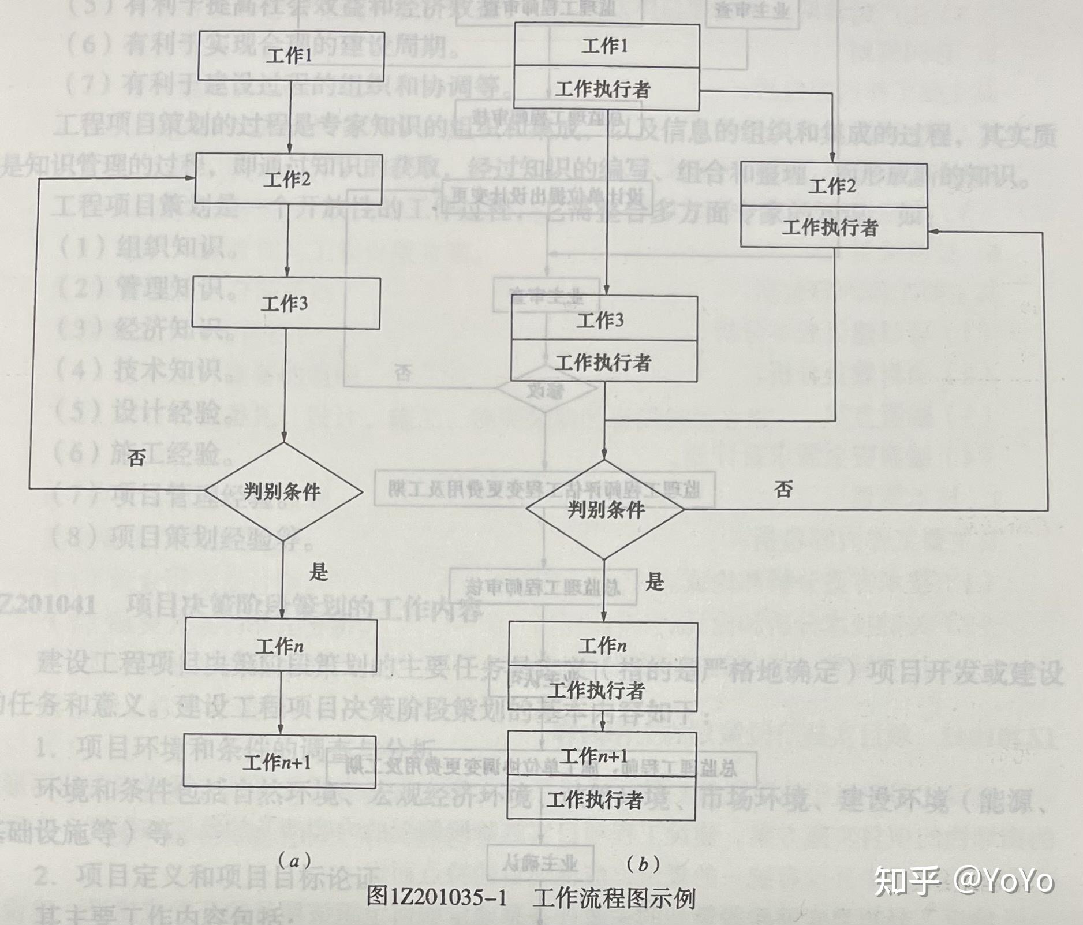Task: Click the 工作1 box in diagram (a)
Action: coord(289,55)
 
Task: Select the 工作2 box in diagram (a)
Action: coord(287,179)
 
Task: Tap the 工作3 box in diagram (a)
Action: coord(285,304)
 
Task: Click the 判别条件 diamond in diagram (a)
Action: coord(283,492)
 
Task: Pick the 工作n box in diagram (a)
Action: coord(281,646)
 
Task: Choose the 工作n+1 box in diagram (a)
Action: coord(279,763)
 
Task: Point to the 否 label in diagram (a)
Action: coord(136,458)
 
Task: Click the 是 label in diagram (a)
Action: coord(318,572)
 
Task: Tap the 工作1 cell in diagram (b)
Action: coord(606,46)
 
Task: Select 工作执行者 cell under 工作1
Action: coord(606,89)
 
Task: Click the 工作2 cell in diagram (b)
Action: coord(833,185)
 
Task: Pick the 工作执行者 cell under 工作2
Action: coord(833,227)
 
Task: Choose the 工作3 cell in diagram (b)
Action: coord(603,319)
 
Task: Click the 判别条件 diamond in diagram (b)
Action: coord(606,509)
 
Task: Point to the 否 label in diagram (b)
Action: coord(783,490)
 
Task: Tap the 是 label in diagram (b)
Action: coord(655,581)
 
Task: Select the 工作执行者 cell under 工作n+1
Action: coord(600,799)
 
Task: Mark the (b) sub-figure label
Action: coord(643,864)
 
